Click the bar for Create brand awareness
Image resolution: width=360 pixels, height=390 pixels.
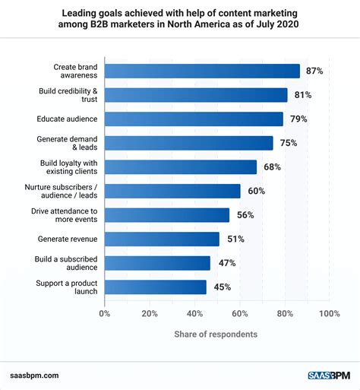(202, 71)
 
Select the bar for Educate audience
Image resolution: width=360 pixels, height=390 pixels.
(194, 119)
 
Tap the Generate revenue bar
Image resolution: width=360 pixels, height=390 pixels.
(162, 239)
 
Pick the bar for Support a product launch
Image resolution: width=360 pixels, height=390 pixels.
(155, 287)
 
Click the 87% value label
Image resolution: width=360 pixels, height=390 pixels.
(314, 71)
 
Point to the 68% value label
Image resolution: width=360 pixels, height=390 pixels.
(271, 166)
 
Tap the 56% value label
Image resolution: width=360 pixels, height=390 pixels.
(245, 215)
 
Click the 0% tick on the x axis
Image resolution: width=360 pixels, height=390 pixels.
(105, 312)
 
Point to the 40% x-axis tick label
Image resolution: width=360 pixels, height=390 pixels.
(194, 312)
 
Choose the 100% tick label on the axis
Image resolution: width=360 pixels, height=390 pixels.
(329, 312)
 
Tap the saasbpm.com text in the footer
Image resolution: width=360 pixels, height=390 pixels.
(36, 375)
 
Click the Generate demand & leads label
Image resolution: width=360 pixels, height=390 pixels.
(68, 143)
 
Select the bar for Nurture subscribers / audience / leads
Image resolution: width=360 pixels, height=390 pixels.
(172, 191)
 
